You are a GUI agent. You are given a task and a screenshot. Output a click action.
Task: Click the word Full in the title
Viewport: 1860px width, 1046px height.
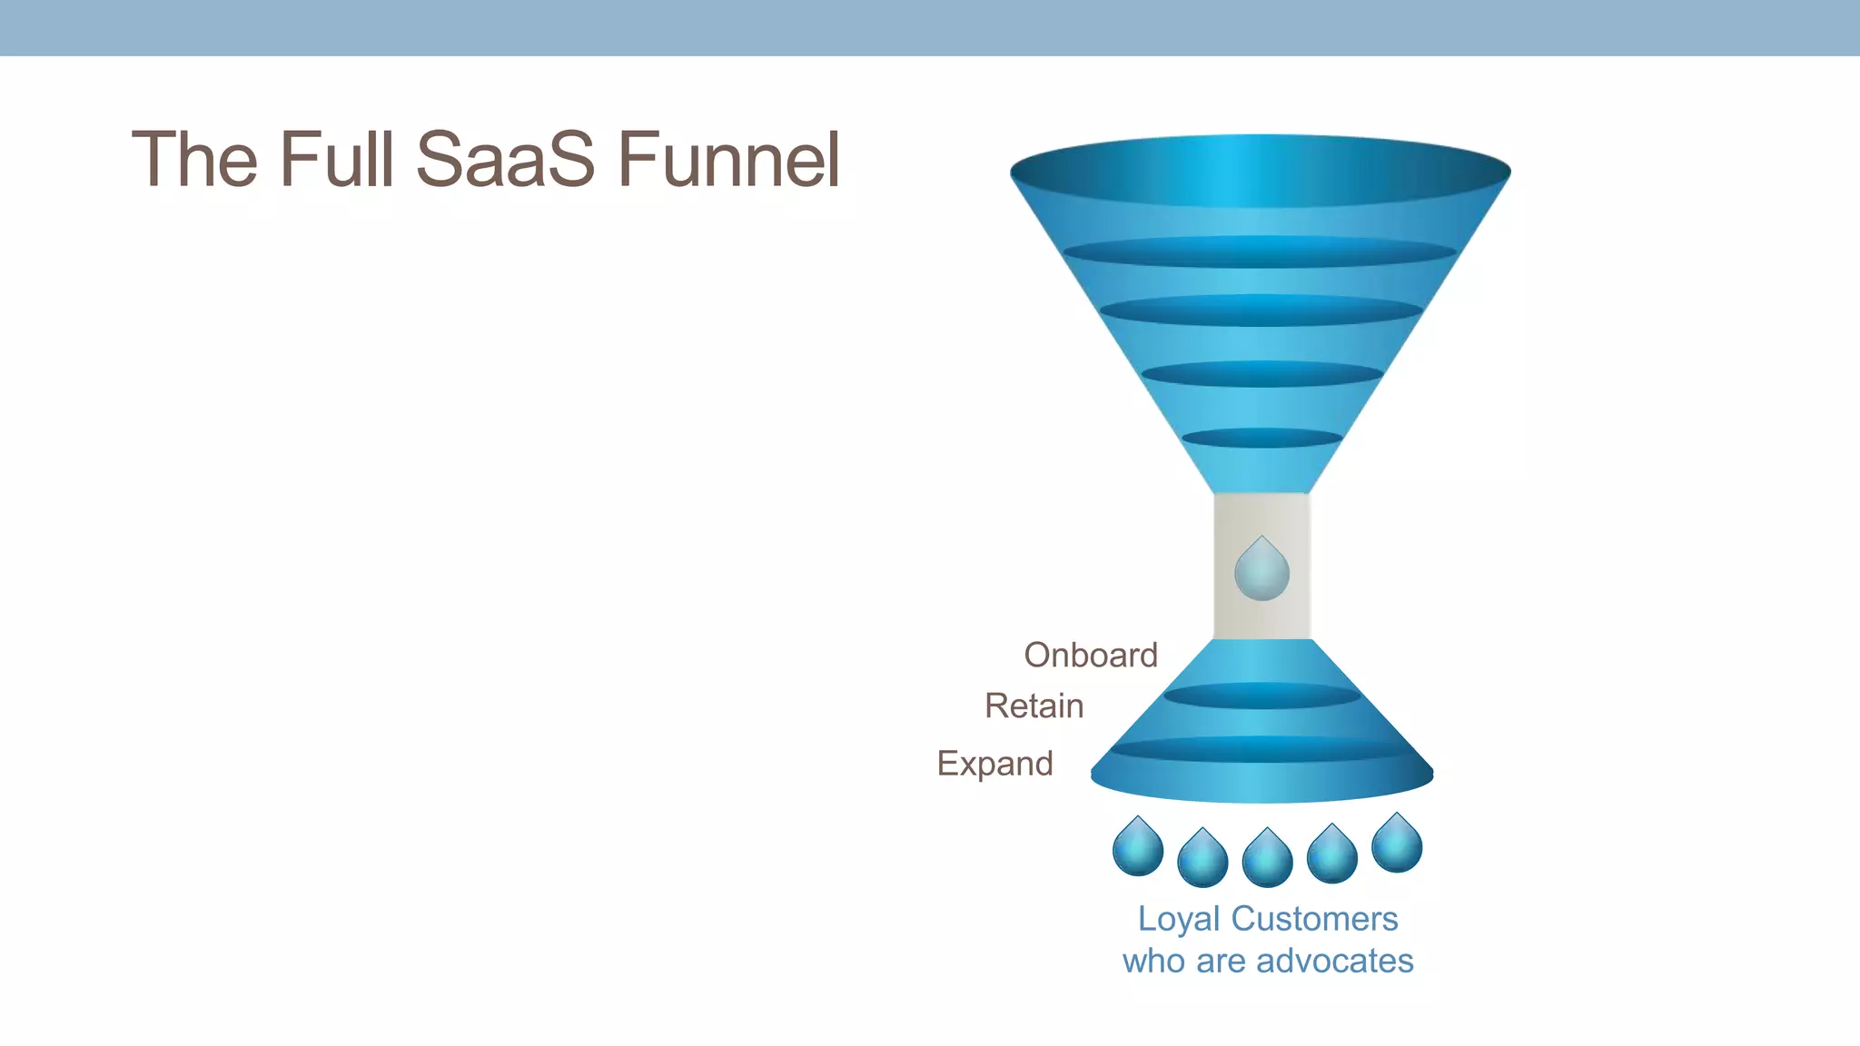tap(336, 160)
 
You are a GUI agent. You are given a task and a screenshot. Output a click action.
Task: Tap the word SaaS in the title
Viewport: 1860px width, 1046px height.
tap(505, 160)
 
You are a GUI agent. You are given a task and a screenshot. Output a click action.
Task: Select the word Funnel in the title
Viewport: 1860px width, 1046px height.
tap(728, 160)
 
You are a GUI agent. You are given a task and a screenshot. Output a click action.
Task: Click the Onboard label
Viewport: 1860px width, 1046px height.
tap(1091, 655)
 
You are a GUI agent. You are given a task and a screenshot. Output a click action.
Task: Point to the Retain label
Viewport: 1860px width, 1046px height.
tap(1034, 706)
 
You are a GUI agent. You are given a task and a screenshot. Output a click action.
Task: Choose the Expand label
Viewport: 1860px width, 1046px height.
tap(994, 764)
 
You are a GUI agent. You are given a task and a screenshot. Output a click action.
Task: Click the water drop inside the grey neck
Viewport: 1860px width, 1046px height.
tap(1261, 570)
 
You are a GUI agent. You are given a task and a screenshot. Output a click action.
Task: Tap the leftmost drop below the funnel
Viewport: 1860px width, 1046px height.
tap(1138, 848)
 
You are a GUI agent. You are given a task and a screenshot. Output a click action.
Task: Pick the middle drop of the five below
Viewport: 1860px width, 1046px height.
tap(1267, 859)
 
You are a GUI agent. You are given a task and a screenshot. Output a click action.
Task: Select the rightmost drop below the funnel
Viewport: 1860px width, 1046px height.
tap(1397, 844)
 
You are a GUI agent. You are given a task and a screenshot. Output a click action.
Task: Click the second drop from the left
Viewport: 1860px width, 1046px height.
tap(1202, 859)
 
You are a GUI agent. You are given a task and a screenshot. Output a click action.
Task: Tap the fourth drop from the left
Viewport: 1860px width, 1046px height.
tap(1332, 855)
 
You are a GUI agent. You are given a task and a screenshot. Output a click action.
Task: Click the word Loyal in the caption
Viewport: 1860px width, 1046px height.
tap(1178, 919)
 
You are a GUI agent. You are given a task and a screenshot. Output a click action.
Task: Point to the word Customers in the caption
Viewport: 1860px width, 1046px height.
tap(1314, 919)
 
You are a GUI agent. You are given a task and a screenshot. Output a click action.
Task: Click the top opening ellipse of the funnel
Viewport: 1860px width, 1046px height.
tap(1261, 171)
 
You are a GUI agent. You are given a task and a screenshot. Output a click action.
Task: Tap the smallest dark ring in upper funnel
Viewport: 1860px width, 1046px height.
tap(1261, 438)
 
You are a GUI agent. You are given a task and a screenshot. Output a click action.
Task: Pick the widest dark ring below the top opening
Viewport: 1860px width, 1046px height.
tap(1260, 252)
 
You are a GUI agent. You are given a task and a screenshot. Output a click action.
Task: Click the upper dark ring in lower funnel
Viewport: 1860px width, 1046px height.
tap(1261, 696)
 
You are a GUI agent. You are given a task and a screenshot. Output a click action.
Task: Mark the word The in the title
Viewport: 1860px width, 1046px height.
tap(194, 160)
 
